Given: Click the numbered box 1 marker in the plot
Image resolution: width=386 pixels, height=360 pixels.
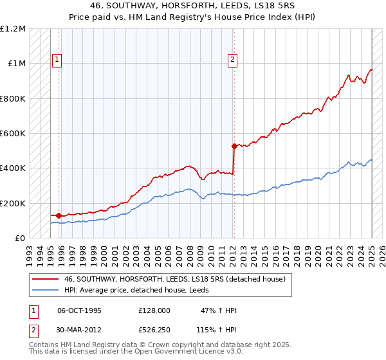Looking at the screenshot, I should tap(57, 60).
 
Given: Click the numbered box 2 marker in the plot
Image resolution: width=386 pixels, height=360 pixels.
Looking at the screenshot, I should tap(232, 60).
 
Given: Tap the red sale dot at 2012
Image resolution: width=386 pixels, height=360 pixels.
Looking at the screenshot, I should tap(235, 146).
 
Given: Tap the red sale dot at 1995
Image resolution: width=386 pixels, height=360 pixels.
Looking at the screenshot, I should tap(59, 215).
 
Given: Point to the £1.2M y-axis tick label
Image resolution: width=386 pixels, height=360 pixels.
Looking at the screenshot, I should tap(12, 29).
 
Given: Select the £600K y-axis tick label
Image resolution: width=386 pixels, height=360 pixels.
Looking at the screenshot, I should tap(14, 134).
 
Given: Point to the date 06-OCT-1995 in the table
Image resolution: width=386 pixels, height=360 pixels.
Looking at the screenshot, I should tap(79, 311).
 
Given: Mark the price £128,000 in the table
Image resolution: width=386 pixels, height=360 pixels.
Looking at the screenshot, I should tap(154, 311).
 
